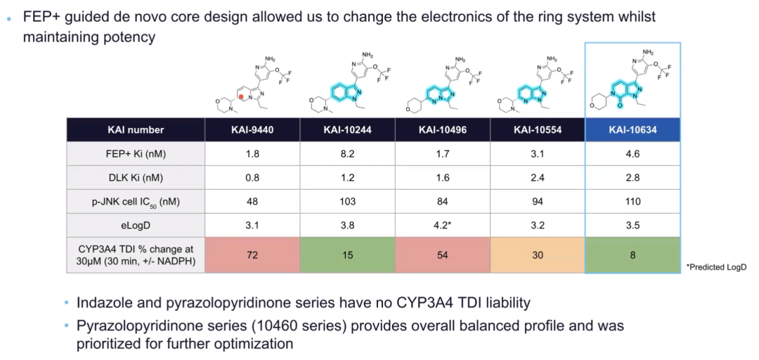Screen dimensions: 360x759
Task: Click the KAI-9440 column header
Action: pyautogui.click(x=252, y=129)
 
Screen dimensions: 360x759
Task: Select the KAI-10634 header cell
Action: pyautogui.click(x=632, y=129)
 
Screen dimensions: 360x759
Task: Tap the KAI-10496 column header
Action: pyautogui.click(x=443, y=129)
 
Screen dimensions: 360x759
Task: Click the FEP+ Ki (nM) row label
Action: pyautogui.click(x=136, y=153)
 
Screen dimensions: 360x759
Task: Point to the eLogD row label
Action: pyautogui.click(x=136, y=225)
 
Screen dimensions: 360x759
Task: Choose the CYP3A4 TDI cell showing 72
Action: pyautogui.click(x=252, y=255)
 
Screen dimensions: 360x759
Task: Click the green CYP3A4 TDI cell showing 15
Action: pyautogui.click(x=347, y=255)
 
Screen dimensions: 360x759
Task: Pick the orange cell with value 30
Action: pyautogui.click(x=538, y=255)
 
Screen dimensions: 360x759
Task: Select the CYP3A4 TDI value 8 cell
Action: pyautogui.click(x=632, y=255)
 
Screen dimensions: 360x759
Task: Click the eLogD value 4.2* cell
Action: pyautogui.click(x=443, y=225)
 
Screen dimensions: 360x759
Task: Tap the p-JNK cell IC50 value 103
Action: pyautogui.click(x=347, y=201)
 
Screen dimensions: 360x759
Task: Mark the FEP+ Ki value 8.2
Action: pyautogui.click(x=347, y=153)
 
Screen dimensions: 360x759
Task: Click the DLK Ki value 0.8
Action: pyautogui.click(x=252, y=177)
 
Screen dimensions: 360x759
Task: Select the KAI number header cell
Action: pyautogui.click(x=136, y=129)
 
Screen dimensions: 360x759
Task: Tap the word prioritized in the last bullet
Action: pyautogui.click(x=108, y=345)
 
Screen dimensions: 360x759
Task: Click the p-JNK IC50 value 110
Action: pyautogui.click(x=632, y=201)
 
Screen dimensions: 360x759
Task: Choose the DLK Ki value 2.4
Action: pyautogui.click(x=538, y=177)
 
